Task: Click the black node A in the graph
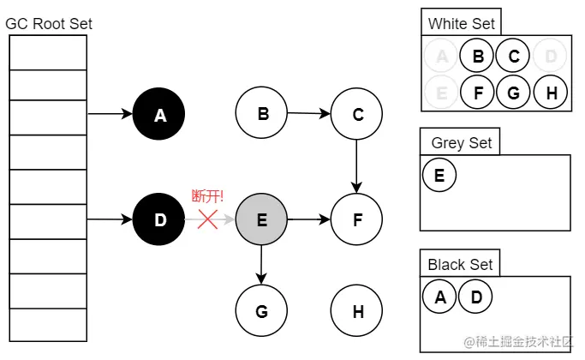coord(159,114)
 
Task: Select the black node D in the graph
coord(159,220)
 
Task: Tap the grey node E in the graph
coord(261,220)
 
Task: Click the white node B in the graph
coord(261,114)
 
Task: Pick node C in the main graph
coord(357,114)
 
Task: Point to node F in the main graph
coord(357,220)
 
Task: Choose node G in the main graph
coord(261,312)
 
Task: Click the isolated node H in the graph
coord(357,312)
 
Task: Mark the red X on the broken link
coord(208,220)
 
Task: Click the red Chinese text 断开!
coord(207,196)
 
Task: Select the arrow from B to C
coord(308,113)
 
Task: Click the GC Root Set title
coord(49,24)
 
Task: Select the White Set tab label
coord(461,24)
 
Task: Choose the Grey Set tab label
coord(461,142)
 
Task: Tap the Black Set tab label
coord(460,265)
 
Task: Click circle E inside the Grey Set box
coord(439,176)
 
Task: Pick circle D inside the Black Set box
coord(475,297)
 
